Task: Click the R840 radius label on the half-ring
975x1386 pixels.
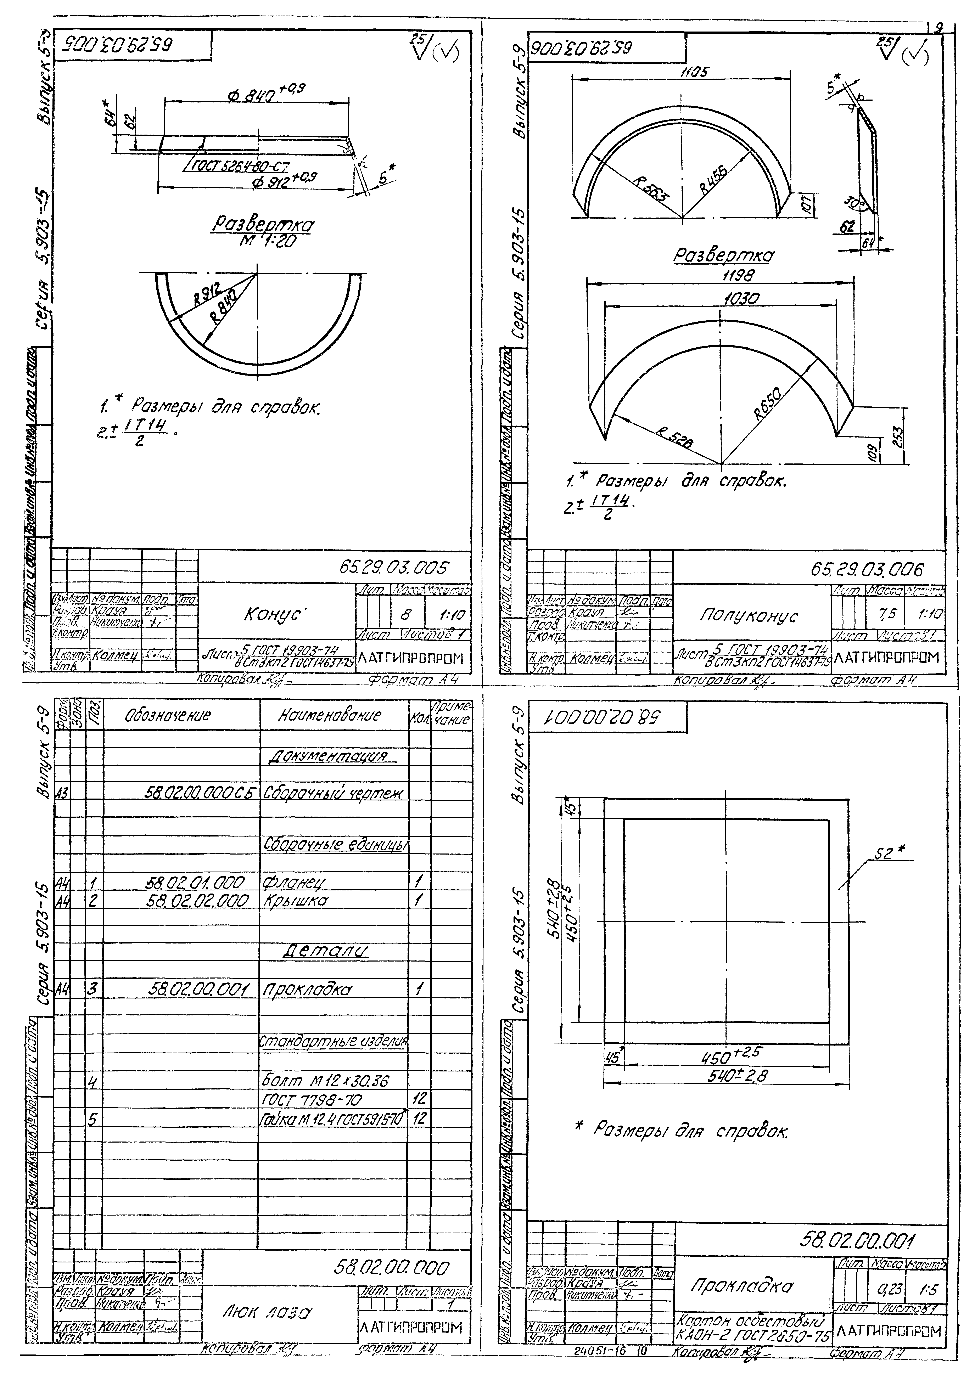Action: click(223, 307)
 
